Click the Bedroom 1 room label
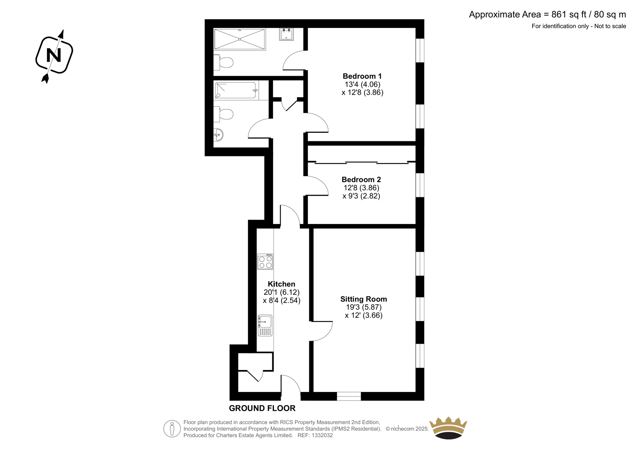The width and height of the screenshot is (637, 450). (x=362, y=76)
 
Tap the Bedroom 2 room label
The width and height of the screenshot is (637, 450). (x=361, y=180)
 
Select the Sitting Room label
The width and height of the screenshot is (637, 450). (x=363, y=299)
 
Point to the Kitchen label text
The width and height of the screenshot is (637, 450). (x=281, y=284)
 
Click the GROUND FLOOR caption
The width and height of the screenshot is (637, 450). (x=262, y=408)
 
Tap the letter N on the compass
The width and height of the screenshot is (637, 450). (x=54, y=55)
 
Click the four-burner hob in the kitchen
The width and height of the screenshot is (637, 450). (x=265, y=261)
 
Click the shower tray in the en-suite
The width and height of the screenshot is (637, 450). (x=240, y=39)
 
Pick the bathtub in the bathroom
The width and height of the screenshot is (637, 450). (x=236, y=90)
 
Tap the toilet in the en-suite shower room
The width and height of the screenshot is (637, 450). (x=223, y=62)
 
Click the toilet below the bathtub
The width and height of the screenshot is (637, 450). (x=223, y=114)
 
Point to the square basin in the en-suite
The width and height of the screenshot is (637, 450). (x=286, y=34)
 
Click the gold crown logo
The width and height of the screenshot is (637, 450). (x=448, y=428)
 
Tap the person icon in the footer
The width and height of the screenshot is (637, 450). (x=172, y=429)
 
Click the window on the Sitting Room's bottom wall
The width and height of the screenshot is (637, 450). (x=349, y=396)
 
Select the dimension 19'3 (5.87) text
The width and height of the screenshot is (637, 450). (x=364, y=307)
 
